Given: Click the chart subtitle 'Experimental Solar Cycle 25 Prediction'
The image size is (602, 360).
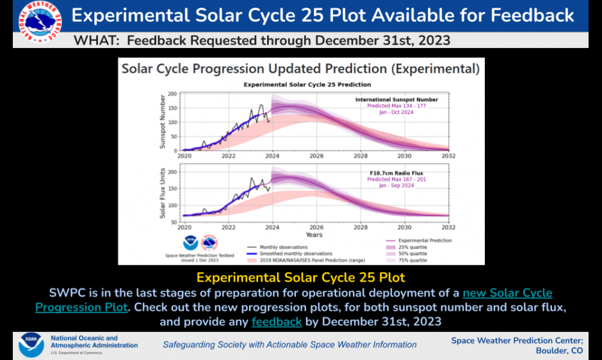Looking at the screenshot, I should pos(307,85).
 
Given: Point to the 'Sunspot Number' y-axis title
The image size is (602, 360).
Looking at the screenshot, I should pos(163,122).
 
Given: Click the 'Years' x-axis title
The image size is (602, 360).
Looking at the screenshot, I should pos(314,235).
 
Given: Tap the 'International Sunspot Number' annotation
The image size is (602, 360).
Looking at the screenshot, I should pos(396,99).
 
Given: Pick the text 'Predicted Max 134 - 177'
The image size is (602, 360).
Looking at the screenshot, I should pos(396,106).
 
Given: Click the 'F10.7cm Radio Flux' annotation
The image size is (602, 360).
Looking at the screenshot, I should pos(396,173).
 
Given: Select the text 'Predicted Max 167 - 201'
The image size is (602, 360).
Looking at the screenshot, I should pos(396,179).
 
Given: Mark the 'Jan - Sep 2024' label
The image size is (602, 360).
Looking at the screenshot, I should pos(396,186).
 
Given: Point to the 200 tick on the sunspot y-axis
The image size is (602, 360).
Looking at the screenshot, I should pos(172,94).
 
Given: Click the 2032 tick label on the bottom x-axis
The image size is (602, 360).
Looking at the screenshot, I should pos(448,227).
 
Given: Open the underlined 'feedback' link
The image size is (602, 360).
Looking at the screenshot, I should pos(277,321).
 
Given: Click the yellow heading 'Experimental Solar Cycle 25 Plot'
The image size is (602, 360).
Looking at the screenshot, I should pos(300,277).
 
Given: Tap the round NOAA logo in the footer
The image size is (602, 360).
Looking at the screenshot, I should pos(31,345).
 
